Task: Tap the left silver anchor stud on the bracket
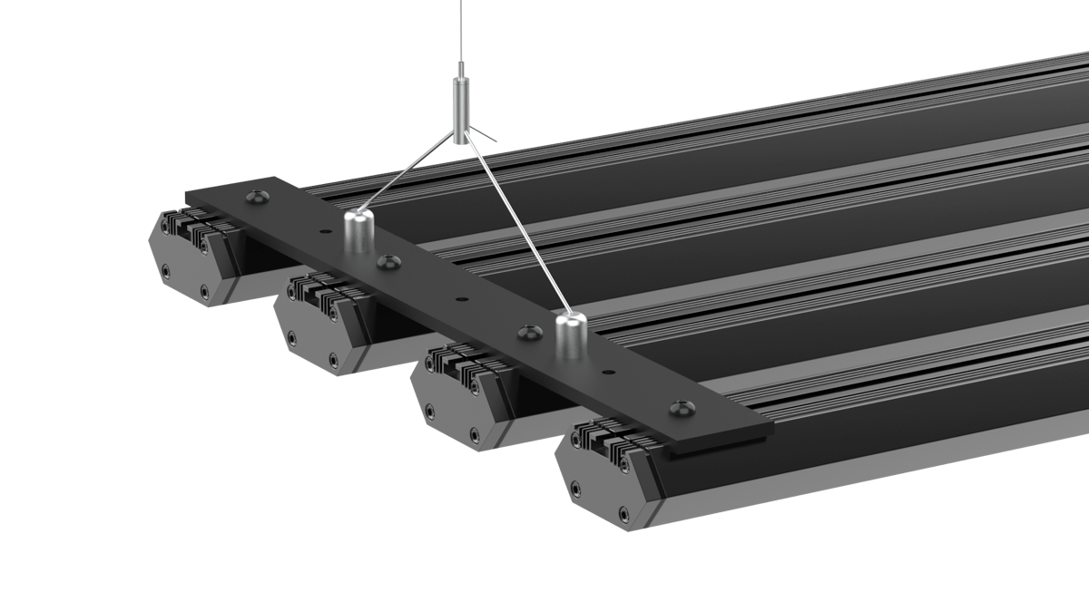pyautogui.click(x=359, y=233)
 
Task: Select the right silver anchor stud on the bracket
pyautogui.click(x=572, y=336)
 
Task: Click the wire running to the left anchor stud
pyautogui.click(x=408, y=176)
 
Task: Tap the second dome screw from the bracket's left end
pyautogui.click(x=390, y=261)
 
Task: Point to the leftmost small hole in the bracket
pyautogui.click(x=322, y=232)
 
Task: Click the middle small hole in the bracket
pyautogui.click(x=462, y=299)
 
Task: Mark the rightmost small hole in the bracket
pyautogui.click(x=607, y=371)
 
